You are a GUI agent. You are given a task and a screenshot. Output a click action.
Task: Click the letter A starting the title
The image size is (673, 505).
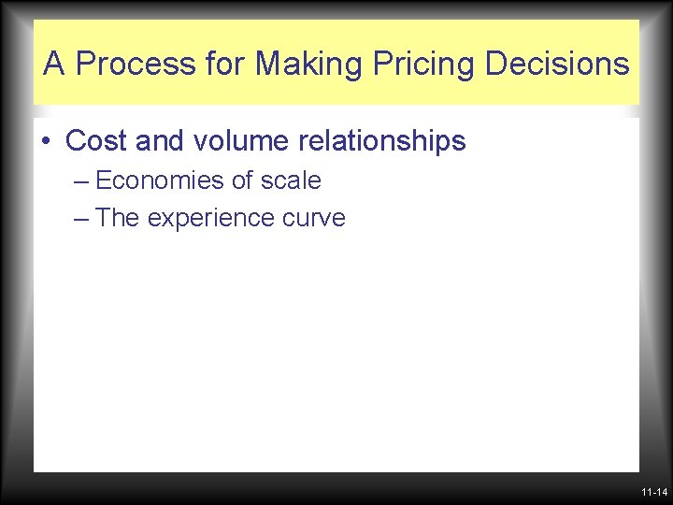pyautogui.click(x=54, y=65)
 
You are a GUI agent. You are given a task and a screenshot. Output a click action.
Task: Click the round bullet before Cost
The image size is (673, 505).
pyautogui.click(x=46, y=142)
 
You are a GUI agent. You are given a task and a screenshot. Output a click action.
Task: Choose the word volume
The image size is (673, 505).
pyautogui.click(x=242, y=141)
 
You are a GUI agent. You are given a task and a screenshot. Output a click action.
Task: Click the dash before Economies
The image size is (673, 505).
pyautogui.click(x=80, y=180)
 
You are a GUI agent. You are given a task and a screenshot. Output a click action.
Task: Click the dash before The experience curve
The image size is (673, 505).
pyautogui.click(x=80, y=219)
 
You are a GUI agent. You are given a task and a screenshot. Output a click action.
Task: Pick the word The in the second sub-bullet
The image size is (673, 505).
pyautogui.click(x=118, y=218)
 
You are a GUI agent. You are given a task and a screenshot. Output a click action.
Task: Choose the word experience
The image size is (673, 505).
pyautogui.click(x=213, y=219)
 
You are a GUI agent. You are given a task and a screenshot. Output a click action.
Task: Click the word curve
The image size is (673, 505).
pyautogui.click(x=316, y=219)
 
